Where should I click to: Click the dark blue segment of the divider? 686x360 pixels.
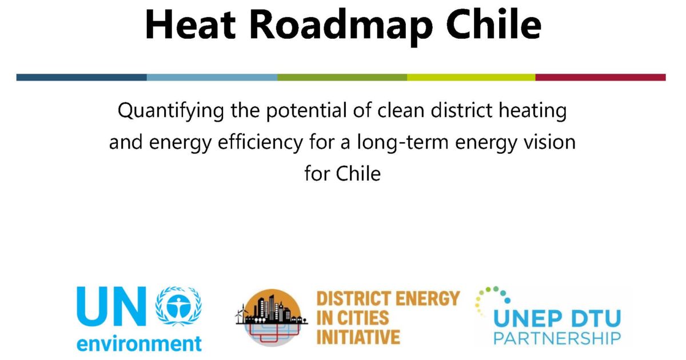coord(81,77)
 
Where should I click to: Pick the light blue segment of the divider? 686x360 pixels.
coord(212,77)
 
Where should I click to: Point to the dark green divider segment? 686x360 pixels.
coord(342,77)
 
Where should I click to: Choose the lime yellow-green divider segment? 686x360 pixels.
coord(471,77)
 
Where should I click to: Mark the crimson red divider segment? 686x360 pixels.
coord(600,77)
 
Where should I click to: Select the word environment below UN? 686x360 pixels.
coord(139,344)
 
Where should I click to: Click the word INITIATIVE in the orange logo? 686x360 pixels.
coord(358,337)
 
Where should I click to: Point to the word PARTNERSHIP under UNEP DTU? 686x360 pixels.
coord(557,338)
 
